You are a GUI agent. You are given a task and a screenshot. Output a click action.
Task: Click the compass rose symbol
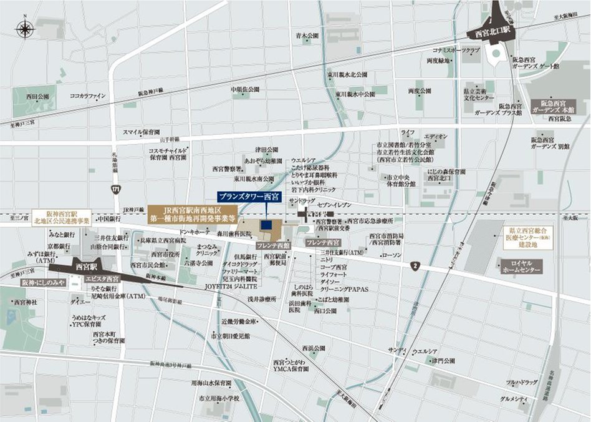click(25, 28)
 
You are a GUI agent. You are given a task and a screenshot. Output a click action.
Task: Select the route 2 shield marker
click(415, 267)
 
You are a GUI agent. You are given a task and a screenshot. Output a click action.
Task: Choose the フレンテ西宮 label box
click(324, 242)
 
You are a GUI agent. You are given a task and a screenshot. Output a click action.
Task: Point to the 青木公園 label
click(307, 36)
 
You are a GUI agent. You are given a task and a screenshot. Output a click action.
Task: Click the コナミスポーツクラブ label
click(456, 49)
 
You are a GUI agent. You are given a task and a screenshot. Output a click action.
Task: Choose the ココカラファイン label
click(88, 96)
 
